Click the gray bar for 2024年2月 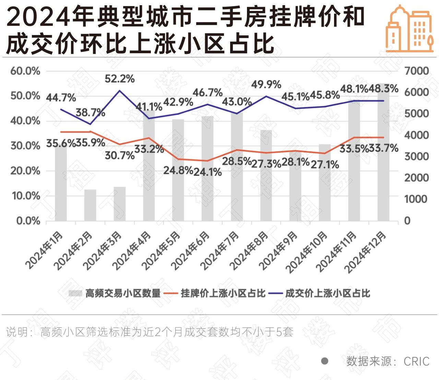[90, 205]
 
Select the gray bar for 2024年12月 [383, 154]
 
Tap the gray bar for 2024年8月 [266, 175]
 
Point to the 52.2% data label [120, 79]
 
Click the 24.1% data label [207, 172]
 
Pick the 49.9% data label [266, 84]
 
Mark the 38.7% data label [91, 112]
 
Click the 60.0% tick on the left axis [25, 71]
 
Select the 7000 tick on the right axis [417, 71]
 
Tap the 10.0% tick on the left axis [25, 196]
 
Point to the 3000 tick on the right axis [417, 157]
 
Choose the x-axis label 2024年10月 [307, 252]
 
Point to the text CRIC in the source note [416, 361]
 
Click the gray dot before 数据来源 [324, 361]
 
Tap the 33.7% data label [384, 149]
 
